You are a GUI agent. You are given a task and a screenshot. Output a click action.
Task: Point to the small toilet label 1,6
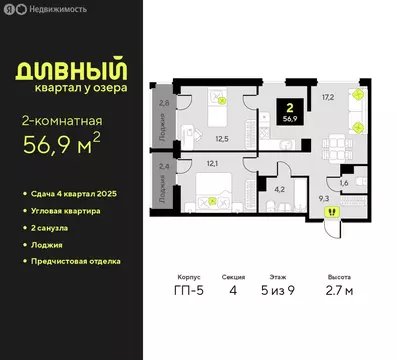[x=345, y=183]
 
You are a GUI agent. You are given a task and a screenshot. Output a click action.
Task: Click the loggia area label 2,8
[x=165, y=103]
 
